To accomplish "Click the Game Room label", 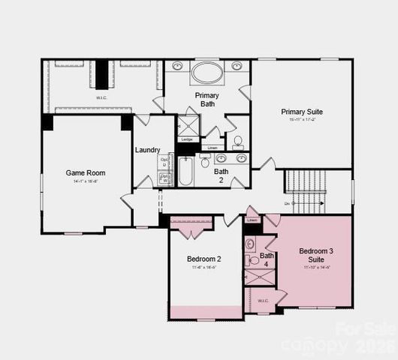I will (x=85, y=172).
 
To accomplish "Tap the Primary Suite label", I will (x=302, y=112).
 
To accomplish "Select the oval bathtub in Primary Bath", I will (x=207, y=73).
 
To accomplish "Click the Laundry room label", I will (x=147, y=150).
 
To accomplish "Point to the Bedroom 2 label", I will (x=204, y=259).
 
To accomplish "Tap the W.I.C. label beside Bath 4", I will (x=263, y=301).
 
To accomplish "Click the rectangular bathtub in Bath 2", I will (x=185, y=172).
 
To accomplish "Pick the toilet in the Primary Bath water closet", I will (x=237, y=141).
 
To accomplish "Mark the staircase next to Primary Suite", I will (x=305, y=191).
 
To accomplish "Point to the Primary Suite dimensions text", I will (x=302, y=120).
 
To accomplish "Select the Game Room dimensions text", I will (x=85, y=181).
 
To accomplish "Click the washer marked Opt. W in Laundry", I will (x=164, y=178).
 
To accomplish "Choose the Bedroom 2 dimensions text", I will (x=204, y=267).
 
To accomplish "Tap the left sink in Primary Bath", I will (x=178, y=66).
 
